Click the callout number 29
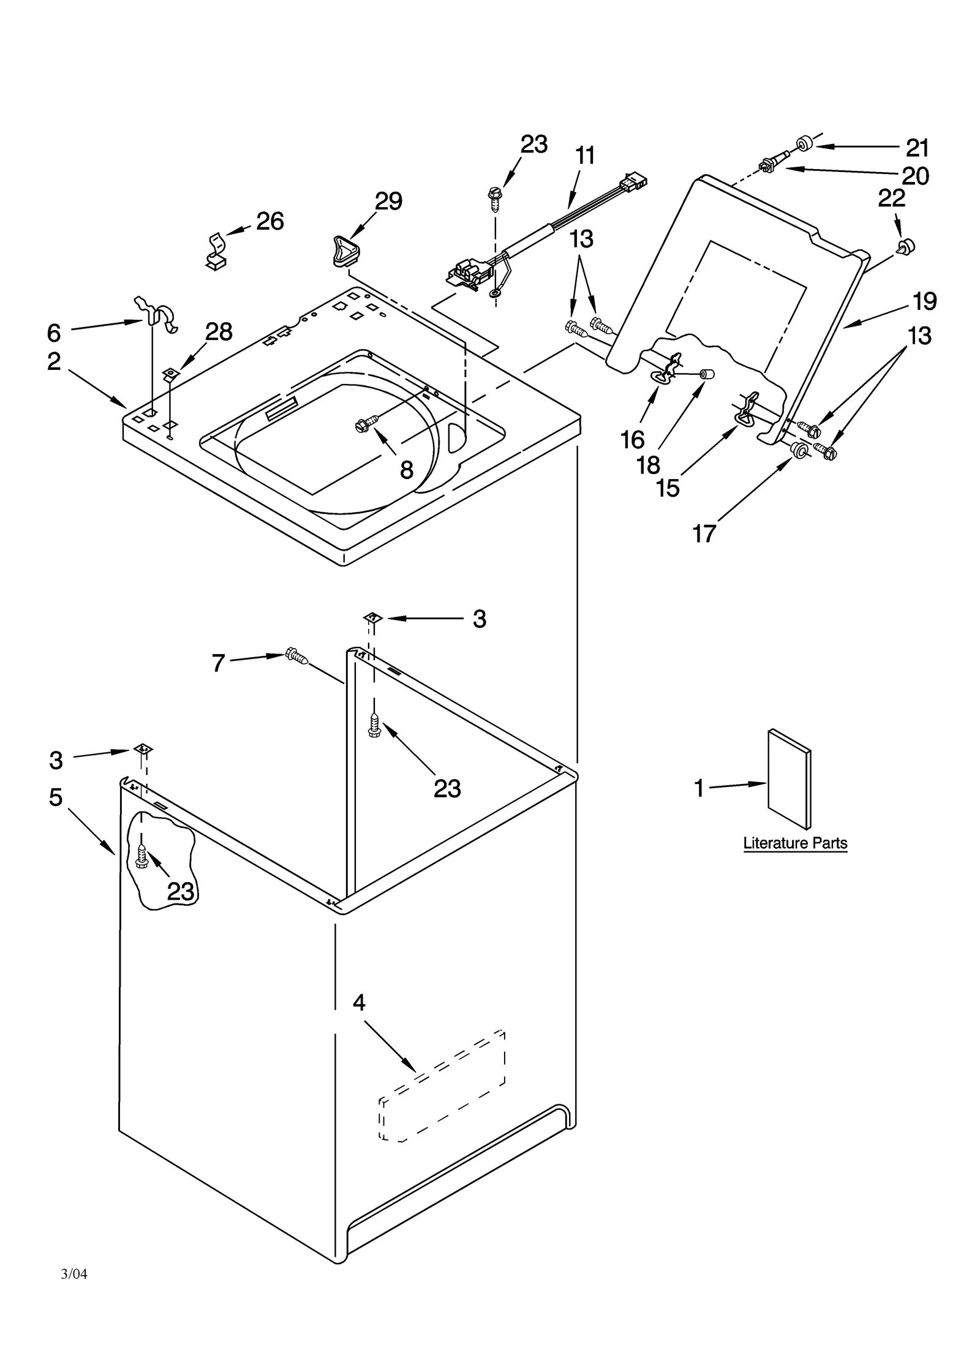tap(388, 202)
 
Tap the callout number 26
tap(269, 221)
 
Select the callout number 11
tap(586, 156)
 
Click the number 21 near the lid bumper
tap(917, 148)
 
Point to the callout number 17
tap(704, 534)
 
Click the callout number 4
tap(359, 1003)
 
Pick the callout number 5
tap(56, 797)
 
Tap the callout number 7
tap(219, 663)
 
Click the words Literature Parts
tap(795, 843)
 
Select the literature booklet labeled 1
tap(789, 778)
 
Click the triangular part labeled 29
tap(347, 252)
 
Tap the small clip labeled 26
tap(215, 251)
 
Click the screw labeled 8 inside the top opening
tap(367, 423)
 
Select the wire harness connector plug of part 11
tap(635, 182)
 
